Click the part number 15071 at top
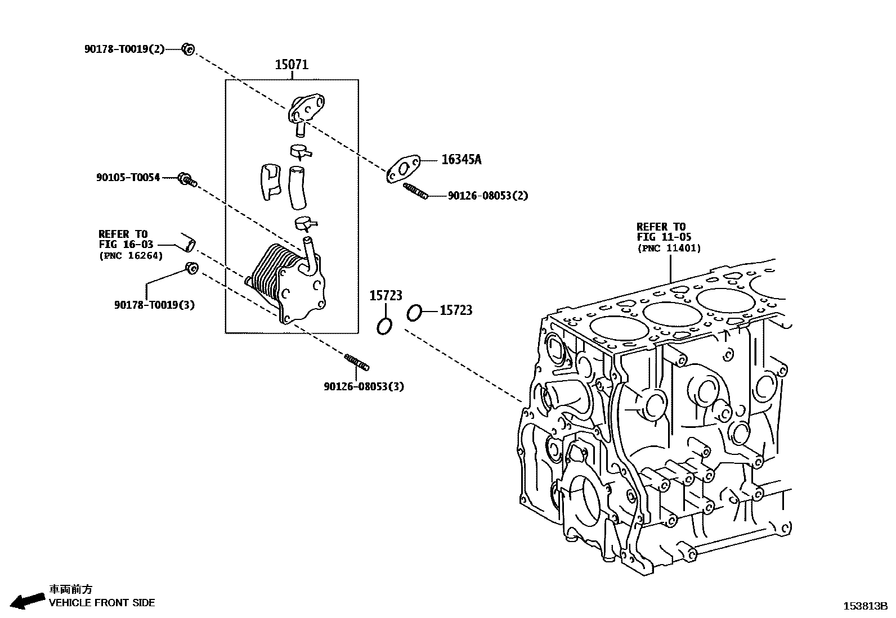point(292,65)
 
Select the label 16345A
point(461,160)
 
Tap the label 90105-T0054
point(128,178)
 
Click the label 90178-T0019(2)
point(124,49)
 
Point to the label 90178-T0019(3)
point(154,305)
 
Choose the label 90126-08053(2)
point(488,196)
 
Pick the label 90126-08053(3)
point(364,386)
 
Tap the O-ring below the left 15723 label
point(384,326)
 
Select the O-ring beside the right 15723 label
point(414,313)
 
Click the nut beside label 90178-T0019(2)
point(188,49)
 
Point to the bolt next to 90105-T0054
point(186,180)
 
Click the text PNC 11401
point(669,248)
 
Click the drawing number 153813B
point(864,606)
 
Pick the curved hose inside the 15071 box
point(298,187)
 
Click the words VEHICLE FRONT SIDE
point(102,603)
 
